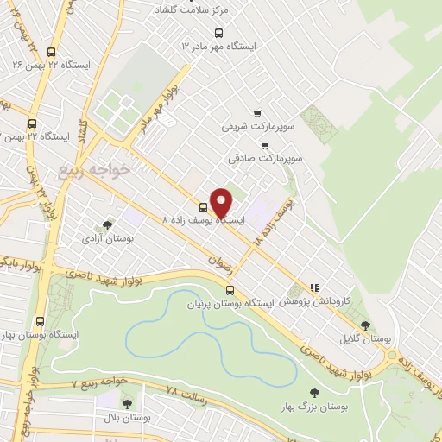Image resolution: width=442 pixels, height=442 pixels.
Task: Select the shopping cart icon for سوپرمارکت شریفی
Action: click(x=256, y=113)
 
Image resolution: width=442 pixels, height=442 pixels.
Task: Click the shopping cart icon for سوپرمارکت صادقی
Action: click(x=264, y=145)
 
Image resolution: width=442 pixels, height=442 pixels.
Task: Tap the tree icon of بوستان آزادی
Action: click(x=108, y=224)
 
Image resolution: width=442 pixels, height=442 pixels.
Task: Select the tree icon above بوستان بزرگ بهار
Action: click(x=313, y=393)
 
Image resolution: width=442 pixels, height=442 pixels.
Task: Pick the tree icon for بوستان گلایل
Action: click(x=365, y=325)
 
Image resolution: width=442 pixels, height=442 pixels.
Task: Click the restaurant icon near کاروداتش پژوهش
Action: click(x=314, y=287)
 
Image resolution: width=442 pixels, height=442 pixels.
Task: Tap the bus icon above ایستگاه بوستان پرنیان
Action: click(x=229, y=291)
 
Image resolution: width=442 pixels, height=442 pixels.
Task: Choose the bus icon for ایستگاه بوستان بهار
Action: click(x=39, y=322)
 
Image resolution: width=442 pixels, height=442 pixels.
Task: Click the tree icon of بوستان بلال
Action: click(x=127, y=404)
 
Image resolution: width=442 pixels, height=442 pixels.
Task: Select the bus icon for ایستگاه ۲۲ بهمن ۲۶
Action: click(x=52, y=51)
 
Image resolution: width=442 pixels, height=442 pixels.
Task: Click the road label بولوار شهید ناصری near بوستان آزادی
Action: click(x=95, y=277)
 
